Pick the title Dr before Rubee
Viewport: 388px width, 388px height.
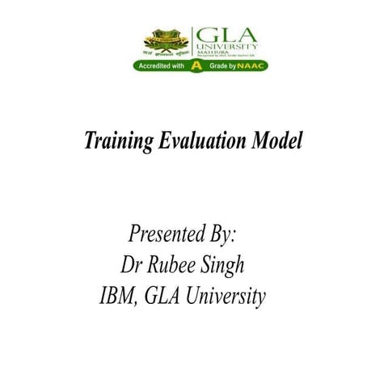pos(132,265)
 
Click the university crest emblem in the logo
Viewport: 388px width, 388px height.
pos(166,40)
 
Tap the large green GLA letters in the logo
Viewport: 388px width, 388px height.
pos(226,35)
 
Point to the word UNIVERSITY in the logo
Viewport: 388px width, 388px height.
pos(227,47)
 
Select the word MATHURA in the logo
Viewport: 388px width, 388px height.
pos(209,53)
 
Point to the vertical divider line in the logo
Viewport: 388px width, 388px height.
pos(192,42)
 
